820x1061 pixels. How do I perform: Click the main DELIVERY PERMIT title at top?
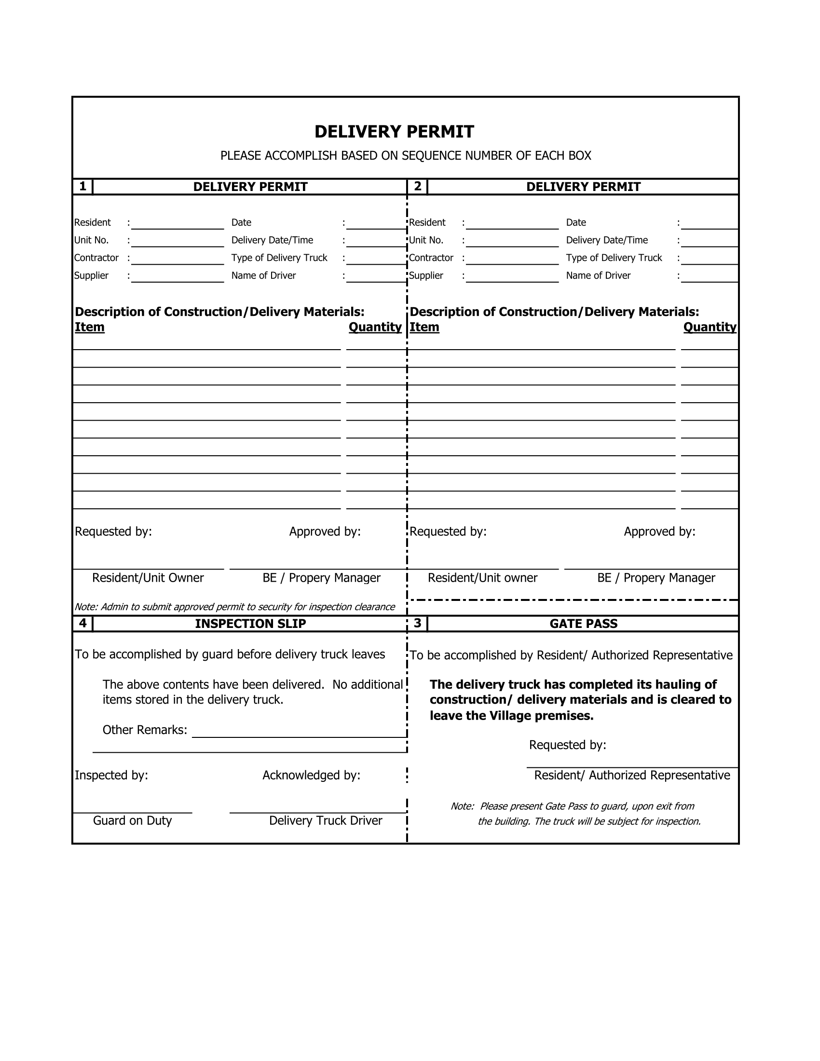pyautogui.click(x=394, y=132)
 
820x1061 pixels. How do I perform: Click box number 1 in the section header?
pyautogui.click(x=82, y=187)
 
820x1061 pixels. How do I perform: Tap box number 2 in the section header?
pyautogui.click(x=417, y=187)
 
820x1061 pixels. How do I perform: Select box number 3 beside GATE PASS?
pyautogui.click(x=417, y=623)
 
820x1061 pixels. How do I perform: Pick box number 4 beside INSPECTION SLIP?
pyautogui.click(x=82, y=623)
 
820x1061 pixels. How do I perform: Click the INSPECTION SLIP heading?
pyautogui.click(x=250, y=624)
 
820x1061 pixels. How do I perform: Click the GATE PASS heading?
pyautogui.click(x=584, y=624)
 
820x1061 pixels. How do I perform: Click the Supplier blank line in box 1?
pyautogui.click(x=178, y=278)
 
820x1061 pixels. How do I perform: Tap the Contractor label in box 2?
pyautogui.click(x=431, y=258)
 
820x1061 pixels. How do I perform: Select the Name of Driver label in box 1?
pyautogui.click(x=263, y=275)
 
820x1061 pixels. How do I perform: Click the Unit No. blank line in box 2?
pyautogui.click(x=512, y=243)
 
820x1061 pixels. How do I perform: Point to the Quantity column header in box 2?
pyautogui.click(x=710, y=327)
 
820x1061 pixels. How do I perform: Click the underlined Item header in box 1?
pyautogui.click(x=89, y=327)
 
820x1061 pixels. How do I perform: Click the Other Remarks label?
pyautogui.click(x=145, y=730)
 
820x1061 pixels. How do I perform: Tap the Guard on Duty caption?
pyautogui.click(x=132, y=820)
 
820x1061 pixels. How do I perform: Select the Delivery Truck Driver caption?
pyautogui.click(x=326, y=820)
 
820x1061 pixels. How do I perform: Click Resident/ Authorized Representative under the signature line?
pyautogui.click(x=632, y=775)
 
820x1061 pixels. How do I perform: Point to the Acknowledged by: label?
pyautogui.click(x=312, y=775)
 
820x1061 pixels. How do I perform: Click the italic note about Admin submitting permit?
pyautogui.click(x=234, y=607)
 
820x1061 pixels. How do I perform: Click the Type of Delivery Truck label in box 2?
pyautogui.click(x=614, y=258)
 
